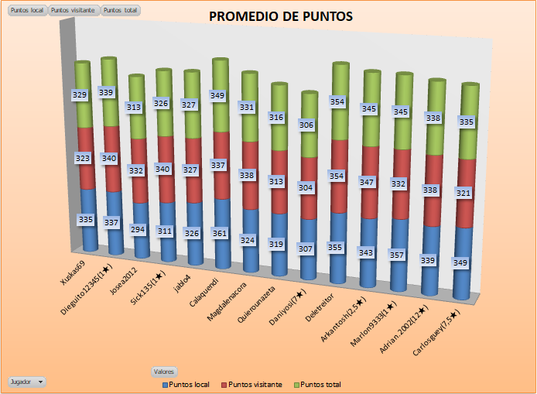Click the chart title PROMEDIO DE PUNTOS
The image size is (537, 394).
[x=281, y=16]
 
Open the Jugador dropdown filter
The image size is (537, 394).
[x=27, y=382]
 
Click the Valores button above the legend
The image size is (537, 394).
[x=164, y=372]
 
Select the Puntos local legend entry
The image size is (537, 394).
[x=186, y=385]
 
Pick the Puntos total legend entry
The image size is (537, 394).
[x=320, y=385]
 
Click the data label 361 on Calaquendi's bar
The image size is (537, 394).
[x=221, y=232]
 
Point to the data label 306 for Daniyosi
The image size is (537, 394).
[x=307, y=125]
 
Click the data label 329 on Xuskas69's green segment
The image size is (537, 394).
[x=80, y=95]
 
